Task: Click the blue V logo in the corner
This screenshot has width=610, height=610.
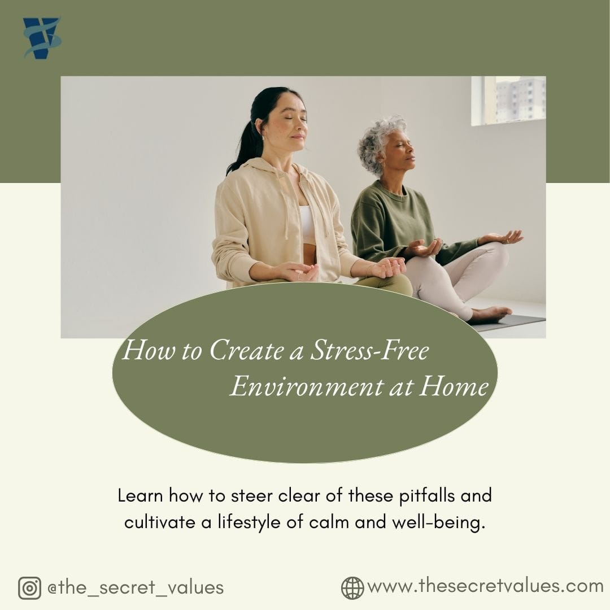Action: click(42, 38)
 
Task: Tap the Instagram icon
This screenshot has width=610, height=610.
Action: click(29, 588)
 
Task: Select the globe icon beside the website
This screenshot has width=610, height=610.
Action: click(352, 587)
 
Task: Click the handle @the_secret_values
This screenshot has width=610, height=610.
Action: click(136, 587)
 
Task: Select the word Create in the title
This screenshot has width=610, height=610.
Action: click(246, 351)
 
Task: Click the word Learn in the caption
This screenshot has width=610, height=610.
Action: click(140, 495)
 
